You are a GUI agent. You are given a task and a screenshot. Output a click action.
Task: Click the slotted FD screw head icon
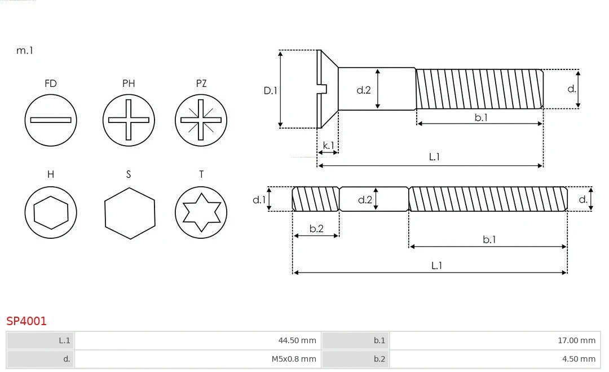click(51, 120)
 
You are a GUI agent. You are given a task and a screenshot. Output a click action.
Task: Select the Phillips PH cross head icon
click(129, 120)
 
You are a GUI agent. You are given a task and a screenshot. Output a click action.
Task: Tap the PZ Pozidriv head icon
click(201, 120)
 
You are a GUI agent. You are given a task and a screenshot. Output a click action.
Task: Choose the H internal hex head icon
click(51, 212)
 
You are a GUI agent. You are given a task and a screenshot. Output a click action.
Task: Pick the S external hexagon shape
click(130, 213)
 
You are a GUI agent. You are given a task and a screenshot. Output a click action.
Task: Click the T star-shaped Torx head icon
click(201, 212)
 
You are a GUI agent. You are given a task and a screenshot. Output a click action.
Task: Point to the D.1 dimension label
click(271, 90)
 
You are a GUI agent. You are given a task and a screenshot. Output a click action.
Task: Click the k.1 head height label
click(328, 146)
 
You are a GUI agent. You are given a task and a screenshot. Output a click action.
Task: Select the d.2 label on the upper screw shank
click(364, 90)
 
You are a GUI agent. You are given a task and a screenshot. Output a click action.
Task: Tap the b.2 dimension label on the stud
click(316, 229)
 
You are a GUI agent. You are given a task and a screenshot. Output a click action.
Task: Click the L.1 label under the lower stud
click(436, 265)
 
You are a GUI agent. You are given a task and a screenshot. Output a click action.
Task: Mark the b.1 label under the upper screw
click(480, 117)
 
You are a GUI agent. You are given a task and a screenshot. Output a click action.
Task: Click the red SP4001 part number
click(27, 321)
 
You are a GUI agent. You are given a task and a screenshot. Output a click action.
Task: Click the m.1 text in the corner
click(25, 51)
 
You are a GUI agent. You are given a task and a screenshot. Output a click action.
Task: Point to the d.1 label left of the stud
click(259, 199)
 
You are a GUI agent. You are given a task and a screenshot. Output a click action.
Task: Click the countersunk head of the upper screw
click(327, 89)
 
